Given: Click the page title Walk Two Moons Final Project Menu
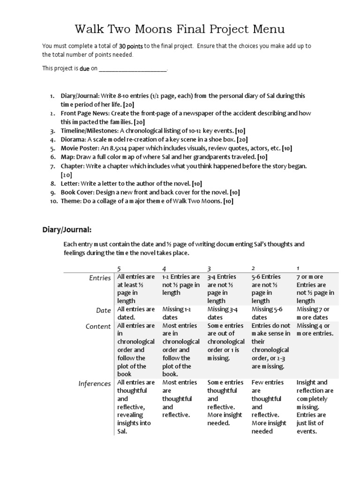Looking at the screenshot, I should click(x=180, y=30).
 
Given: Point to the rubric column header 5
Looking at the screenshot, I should click(x=119, y=268).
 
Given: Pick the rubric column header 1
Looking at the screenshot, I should click(x=298, y=268).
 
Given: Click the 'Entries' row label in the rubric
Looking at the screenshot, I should click(x=100, y=278).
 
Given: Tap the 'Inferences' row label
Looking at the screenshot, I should click(x=95, y=384).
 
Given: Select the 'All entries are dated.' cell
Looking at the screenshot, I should click(x=136, y=313).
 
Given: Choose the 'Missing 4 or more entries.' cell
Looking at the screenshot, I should click(x=315, y=330).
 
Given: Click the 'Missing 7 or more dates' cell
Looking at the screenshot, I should click(x=313, y=313).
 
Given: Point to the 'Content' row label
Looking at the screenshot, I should click(x=98, y=327).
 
